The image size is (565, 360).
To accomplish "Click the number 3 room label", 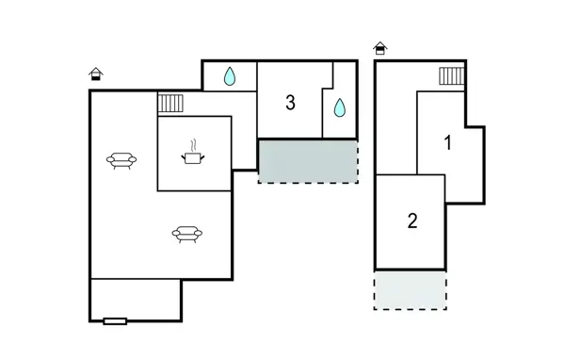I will (290, 103).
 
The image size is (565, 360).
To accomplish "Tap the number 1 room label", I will (448, 143).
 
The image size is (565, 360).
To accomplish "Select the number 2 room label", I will (412, 221).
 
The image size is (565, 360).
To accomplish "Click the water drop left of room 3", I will (230, 77).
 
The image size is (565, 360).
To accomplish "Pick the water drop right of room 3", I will (339, 108).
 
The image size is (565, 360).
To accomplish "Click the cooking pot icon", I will (193, 159).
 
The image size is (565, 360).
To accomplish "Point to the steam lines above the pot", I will (193, 145).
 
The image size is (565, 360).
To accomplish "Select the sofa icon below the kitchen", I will (187, 235).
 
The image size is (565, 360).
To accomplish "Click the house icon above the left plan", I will (95, 74).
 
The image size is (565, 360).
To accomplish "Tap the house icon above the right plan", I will (379, 48).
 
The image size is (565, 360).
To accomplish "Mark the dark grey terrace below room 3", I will (308, 160).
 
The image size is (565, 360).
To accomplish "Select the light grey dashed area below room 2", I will (410, 289).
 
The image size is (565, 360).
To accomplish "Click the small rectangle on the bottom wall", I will (115, 321).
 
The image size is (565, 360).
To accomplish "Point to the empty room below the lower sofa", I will (136, 300).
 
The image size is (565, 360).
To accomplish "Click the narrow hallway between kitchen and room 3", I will (244, 132).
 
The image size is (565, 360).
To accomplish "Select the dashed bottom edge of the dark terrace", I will (308, 182).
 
